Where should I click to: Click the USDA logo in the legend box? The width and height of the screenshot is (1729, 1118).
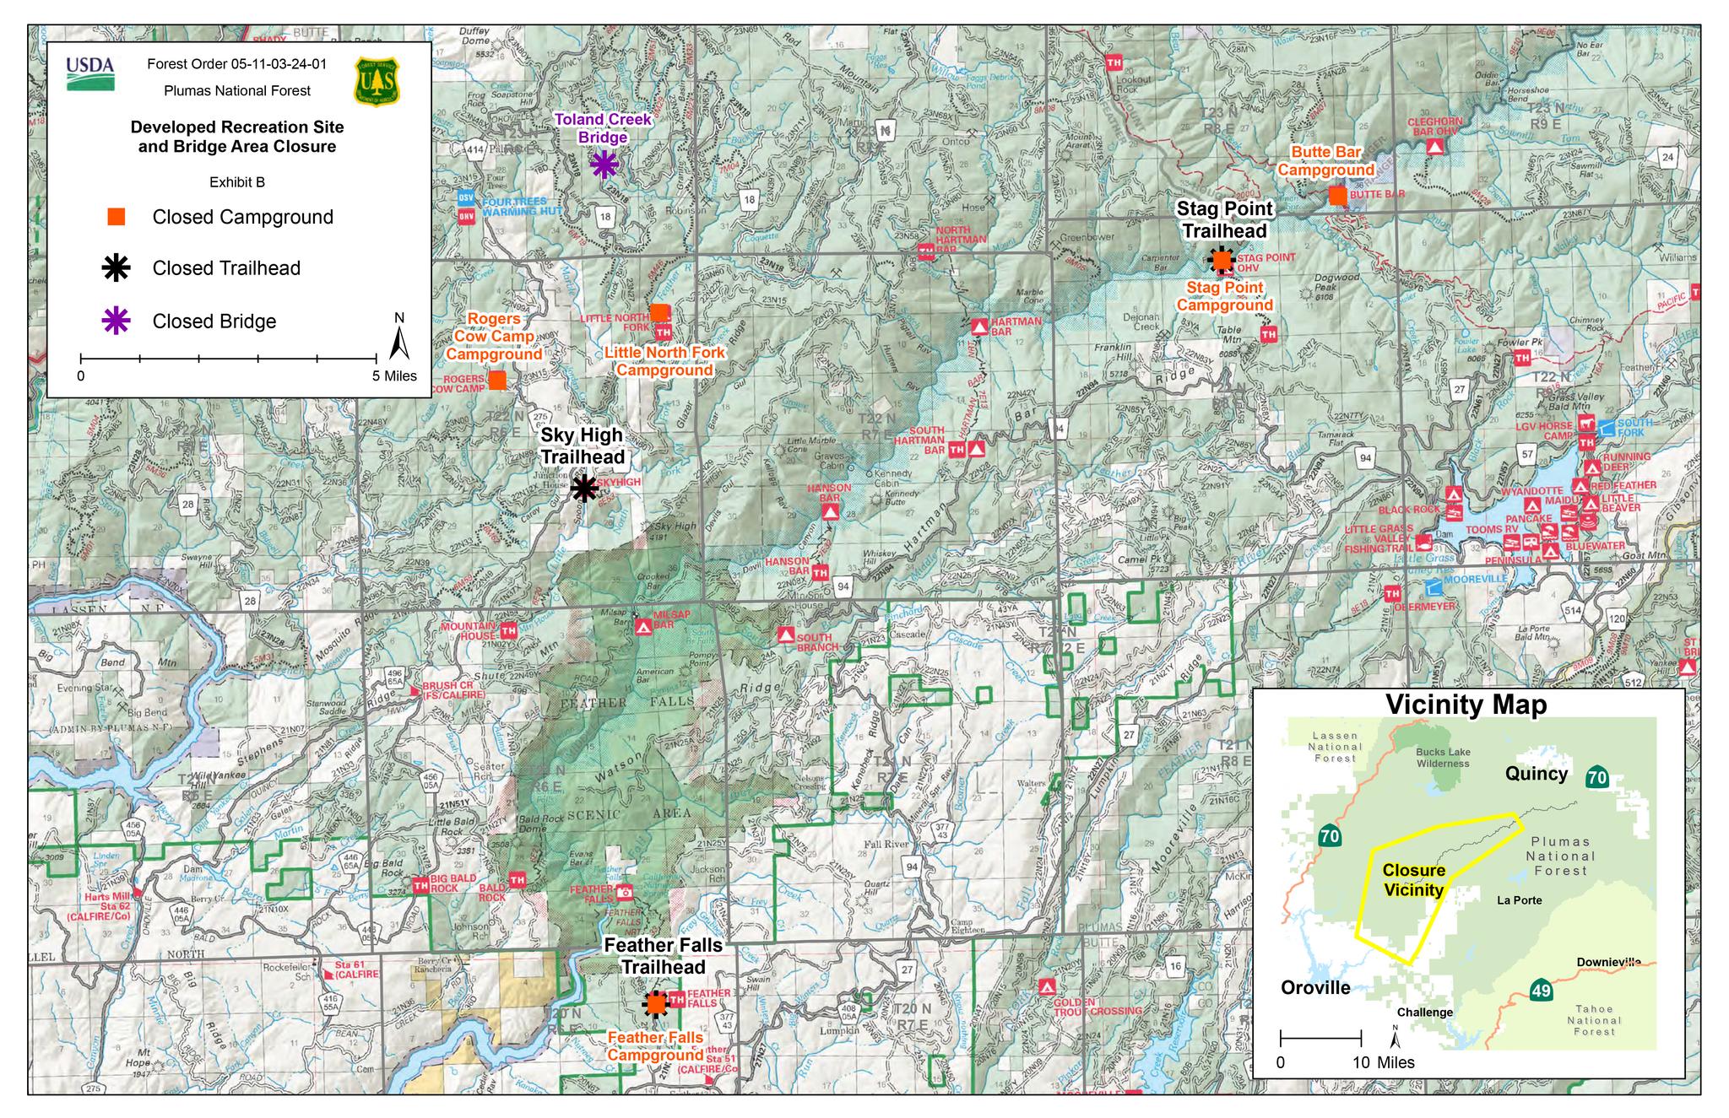coord(89,73)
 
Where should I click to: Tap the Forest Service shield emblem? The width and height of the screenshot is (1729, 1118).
coord(377,81)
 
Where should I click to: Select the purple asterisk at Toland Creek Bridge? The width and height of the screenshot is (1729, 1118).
coord(604,165)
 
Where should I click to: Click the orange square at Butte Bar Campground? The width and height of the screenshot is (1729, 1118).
coord(1337,196)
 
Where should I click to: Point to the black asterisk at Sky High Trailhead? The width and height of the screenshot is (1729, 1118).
coord(584,488)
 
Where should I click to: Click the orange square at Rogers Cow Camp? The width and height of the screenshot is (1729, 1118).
coord(497,381)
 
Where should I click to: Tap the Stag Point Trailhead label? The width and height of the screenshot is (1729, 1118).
coord(1224,219)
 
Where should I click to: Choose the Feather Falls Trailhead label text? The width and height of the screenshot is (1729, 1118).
coord(663,956)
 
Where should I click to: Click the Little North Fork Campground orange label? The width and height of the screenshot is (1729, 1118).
coord(664,361)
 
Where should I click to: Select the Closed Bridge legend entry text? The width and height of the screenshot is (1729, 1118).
coord(214,321)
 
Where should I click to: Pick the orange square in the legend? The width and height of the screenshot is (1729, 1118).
coord(117,217)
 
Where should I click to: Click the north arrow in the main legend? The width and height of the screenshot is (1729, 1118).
coord(400,338)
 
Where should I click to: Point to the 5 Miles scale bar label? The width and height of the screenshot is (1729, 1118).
coord(394,376)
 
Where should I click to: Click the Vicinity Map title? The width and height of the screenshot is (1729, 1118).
coord(1466,705)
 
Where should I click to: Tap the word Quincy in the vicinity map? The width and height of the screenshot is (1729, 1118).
coord(1536,774)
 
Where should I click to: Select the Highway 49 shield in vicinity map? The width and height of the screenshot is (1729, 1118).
coord(1541,990)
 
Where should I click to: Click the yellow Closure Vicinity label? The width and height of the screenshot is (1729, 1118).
coord(1413,879)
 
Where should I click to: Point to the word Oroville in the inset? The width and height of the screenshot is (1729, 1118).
coord(1314,987)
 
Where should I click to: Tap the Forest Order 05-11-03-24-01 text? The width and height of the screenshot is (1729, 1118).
coord(236,64)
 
